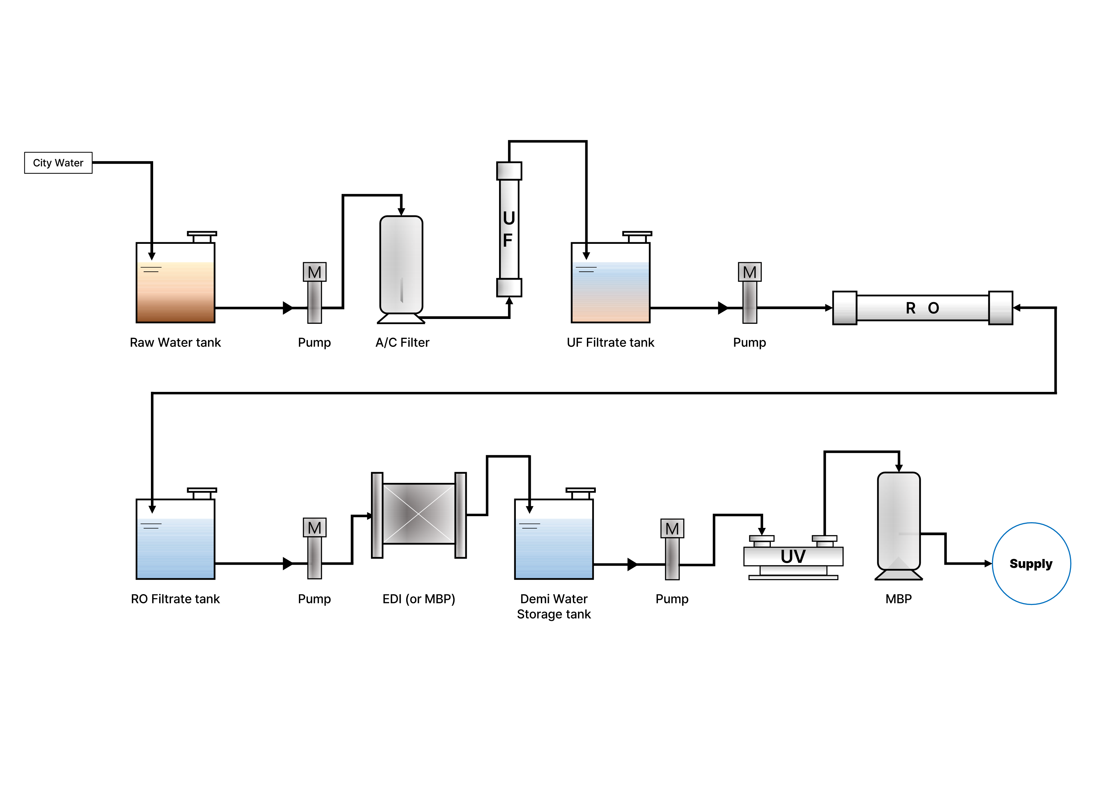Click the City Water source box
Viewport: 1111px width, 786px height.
58,163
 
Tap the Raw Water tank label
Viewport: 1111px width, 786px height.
175,343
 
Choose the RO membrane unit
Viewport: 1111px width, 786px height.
922,308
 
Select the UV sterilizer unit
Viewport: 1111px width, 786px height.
793,556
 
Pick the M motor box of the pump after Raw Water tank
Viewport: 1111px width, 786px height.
315,272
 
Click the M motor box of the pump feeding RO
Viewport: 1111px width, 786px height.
750,272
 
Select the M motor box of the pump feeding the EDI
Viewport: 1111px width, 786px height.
315,528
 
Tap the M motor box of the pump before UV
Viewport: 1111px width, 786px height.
672,529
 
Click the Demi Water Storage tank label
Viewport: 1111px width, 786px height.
554,607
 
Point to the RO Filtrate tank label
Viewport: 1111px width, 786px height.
175,599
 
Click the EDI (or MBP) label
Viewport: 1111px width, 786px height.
419,599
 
